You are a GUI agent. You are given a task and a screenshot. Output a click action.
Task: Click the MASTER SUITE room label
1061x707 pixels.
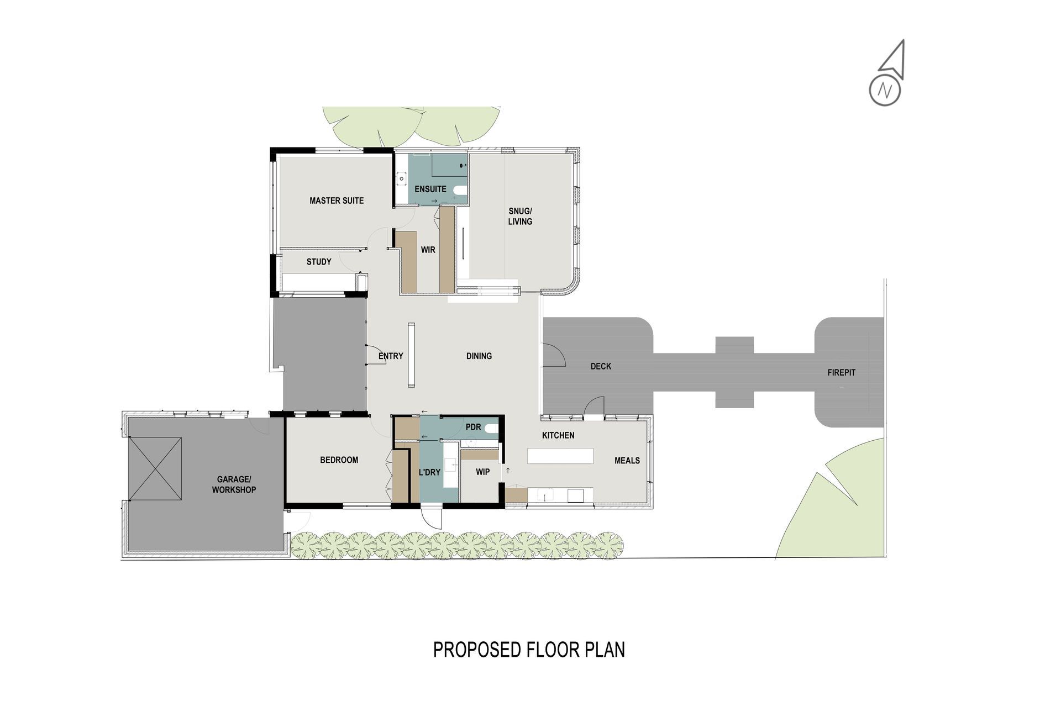pos(337,201)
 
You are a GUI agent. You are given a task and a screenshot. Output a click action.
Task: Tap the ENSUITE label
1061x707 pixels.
pos(430,189)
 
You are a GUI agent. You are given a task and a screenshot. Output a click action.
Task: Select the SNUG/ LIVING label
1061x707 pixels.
pos(520,216)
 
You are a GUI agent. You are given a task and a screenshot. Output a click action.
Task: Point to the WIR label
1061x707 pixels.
pos(428,250)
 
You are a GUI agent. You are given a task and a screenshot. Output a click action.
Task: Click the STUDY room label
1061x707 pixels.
pos(319,262)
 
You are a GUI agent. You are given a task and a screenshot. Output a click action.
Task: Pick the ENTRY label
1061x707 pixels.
pos(391,356)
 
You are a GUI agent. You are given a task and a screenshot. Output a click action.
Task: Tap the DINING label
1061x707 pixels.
pos(479,356)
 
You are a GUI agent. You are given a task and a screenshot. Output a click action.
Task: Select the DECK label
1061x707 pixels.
pos(601,366)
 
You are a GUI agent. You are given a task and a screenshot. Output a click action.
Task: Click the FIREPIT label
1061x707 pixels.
pos(842,373)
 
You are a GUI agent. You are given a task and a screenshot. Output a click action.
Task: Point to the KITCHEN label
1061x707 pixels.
pos(558,435)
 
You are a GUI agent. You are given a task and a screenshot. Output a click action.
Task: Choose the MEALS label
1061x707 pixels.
pos(627,460)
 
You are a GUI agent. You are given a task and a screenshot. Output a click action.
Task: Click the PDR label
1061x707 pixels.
pos(474,427)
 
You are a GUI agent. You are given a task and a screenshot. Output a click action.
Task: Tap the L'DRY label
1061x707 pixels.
pos(429,472)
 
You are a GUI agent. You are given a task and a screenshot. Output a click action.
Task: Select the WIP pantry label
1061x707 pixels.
pos(483,472)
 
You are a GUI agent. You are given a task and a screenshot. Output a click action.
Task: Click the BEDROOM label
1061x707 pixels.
pos(339,460)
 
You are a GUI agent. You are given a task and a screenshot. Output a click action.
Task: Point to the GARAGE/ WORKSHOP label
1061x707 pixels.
pos(234,484)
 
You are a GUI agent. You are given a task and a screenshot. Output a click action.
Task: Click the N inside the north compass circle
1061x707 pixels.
pos(885,90)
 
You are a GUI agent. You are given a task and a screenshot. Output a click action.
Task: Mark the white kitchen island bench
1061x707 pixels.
pos(560,456)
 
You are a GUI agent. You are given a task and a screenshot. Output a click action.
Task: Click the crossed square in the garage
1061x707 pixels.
pos(155,468)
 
